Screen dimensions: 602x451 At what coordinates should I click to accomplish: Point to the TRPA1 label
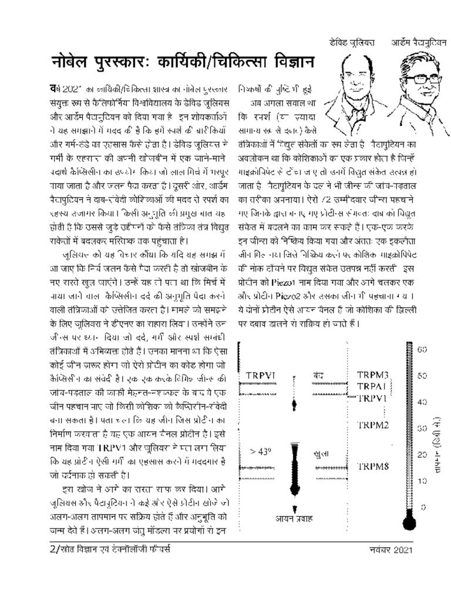(x=373, y=386)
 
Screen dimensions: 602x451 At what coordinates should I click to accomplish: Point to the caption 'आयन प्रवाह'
(x=294, y=518)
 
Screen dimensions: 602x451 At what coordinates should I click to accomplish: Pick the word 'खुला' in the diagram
(x=321, y=454)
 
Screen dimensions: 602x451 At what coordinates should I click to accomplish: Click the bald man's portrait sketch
(x=352, y=82)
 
